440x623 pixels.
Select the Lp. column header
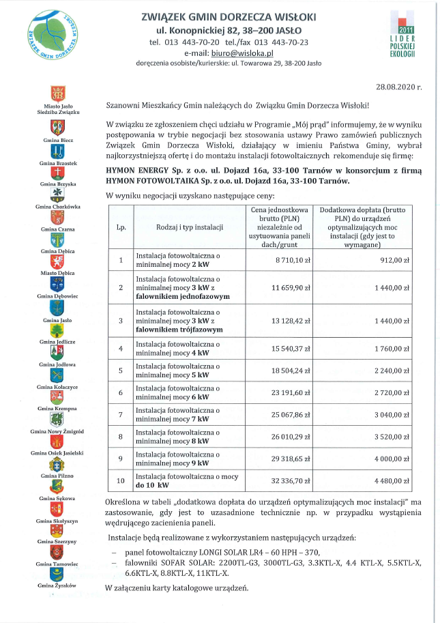(121, 226)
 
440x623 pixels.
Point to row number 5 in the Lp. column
(121, 371)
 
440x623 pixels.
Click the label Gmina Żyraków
(57, 585)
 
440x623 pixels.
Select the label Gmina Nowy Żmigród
(57, 431)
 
